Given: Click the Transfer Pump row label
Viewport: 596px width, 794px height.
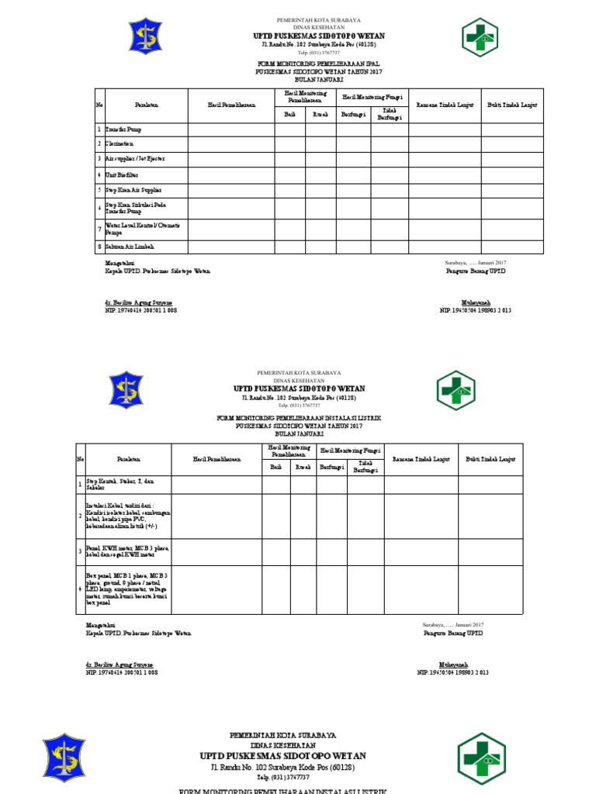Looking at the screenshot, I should (124, 129).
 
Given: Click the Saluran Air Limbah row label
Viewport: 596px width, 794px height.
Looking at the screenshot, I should (130, 247).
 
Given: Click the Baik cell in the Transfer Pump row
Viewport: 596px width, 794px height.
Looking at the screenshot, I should (289, 129).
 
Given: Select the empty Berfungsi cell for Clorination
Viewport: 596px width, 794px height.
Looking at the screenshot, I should (352, 144).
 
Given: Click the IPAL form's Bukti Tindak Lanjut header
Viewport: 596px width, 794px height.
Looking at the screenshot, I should (511, 105).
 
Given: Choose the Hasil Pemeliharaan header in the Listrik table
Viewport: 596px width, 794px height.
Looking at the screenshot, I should (217, 459).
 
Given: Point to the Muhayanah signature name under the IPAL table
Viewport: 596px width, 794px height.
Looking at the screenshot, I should (475, 303).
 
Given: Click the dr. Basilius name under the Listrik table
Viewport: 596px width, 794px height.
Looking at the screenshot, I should (120, 665).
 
